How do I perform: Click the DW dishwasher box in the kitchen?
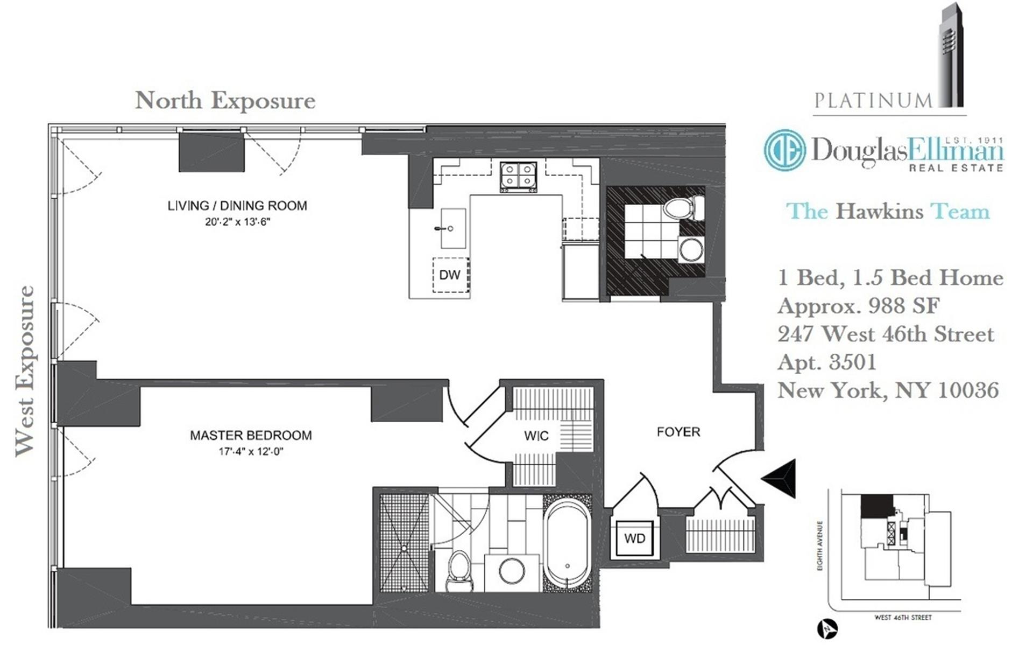451,275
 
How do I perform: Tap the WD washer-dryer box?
634,538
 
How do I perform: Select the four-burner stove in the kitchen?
518,176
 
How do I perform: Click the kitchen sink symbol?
452,228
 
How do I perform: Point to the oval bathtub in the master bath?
567,545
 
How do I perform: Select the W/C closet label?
536,436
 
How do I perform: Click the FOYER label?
678,432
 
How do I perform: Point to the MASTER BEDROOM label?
251,435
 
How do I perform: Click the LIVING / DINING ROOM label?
237,206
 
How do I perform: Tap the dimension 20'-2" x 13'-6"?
237,221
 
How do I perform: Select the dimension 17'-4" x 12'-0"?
251,451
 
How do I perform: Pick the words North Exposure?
225,100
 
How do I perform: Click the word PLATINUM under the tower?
873,100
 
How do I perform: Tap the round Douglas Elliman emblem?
784,150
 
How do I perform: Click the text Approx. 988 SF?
858,306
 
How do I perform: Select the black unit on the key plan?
876,507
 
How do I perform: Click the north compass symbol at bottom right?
827,629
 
